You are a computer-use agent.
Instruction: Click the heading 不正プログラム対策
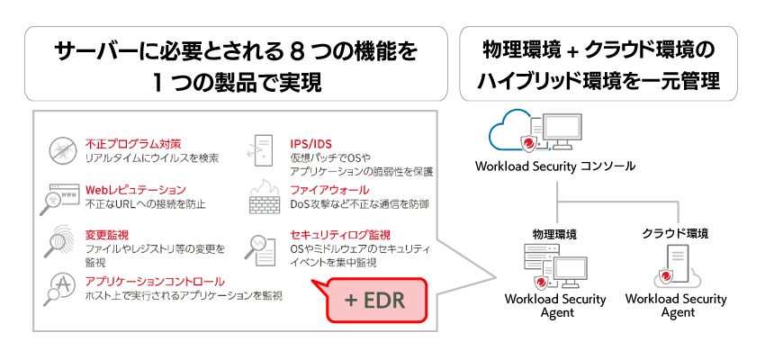point(133,143)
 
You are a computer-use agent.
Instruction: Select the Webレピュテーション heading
point(135,190)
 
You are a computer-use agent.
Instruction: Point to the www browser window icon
point(59,197)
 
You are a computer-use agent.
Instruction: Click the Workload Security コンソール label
point(555,166)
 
